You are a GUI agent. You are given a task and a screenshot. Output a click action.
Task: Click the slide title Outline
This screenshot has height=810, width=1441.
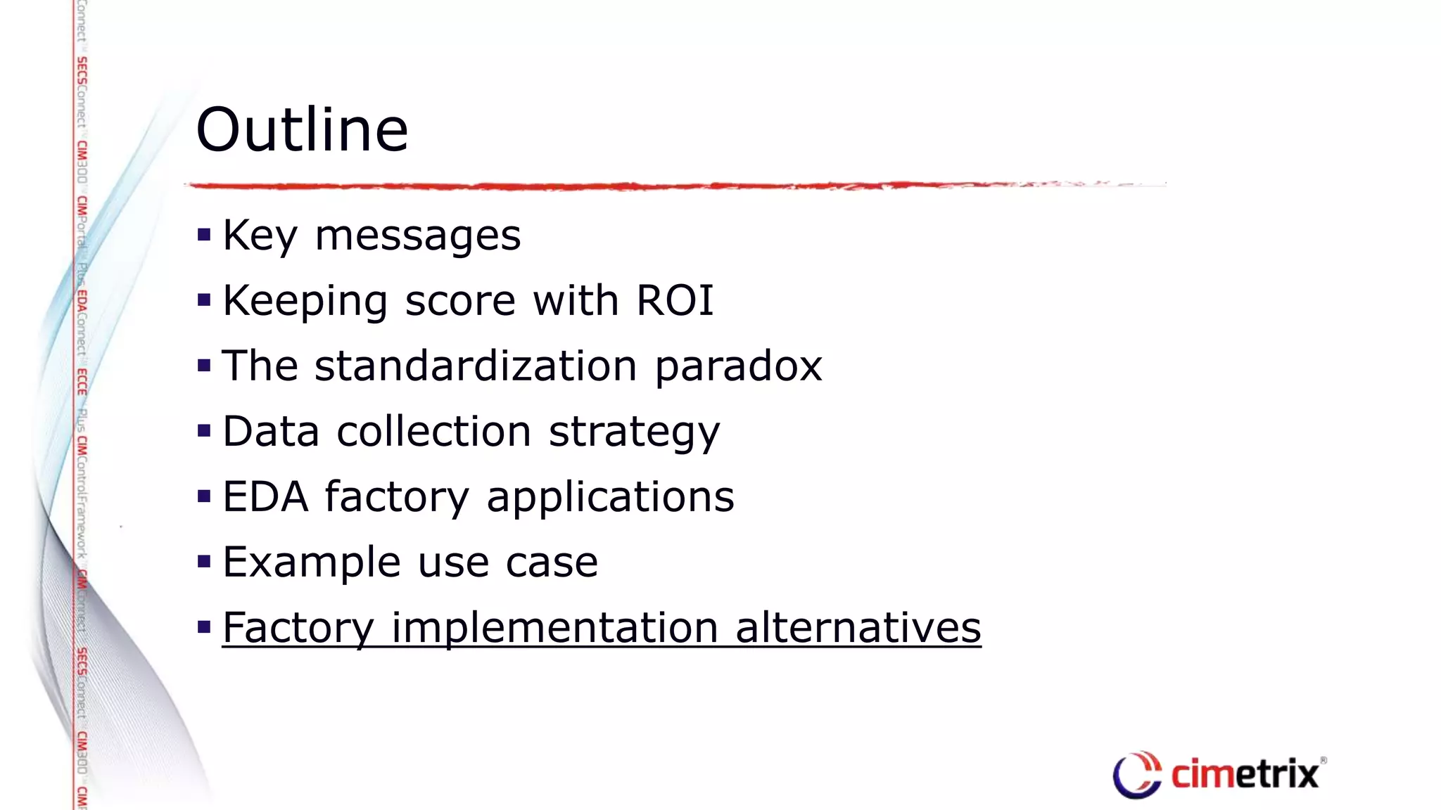point(302,130)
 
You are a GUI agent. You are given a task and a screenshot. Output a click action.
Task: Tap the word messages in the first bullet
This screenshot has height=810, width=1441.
point(417,236)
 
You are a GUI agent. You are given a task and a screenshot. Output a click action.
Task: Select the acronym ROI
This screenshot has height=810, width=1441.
point(675,301)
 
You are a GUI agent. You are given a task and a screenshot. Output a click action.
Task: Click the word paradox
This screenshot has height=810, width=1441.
point(738,367)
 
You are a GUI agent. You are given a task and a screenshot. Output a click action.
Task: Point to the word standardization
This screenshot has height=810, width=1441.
point(476,366)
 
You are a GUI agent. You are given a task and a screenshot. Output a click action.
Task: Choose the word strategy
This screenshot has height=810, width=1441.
point(634,432)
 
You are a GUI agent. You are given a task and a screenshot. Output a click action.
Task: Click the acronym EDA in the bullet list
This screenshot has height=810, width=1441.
point(265,496)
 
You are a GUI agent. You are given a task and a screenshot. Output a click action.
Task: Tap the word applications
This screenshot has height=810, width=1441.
point(610,498)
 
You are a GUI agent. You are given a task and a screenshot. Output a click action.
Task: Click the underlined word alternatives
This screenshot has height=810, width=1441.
point(858,628)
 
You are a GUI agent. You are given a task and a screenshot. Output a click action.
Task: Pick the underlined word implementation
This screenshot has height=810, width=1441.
point(554,628)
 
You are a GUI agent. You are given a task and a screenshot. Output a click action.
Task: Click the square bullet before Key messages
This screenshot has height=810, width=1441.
point(204,235)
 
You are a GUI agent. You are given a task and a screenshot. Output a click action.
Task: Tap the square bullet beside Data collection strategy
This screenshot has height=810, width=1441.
point(204,431)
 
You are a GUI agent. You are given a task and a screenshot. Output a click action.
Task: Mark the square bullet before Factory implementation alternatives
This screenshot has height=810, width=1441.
point(204,626)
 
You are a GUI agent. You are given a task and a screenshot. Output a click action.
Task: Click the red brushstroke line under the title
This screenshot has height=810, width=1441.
point(633,186)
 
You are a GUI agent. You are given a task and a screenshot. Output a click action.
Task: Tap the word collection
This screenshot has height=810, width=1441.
point(433,431)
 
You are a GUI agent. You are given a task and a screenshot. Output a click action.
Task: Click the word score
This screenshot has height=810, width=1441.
point(460,301)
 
